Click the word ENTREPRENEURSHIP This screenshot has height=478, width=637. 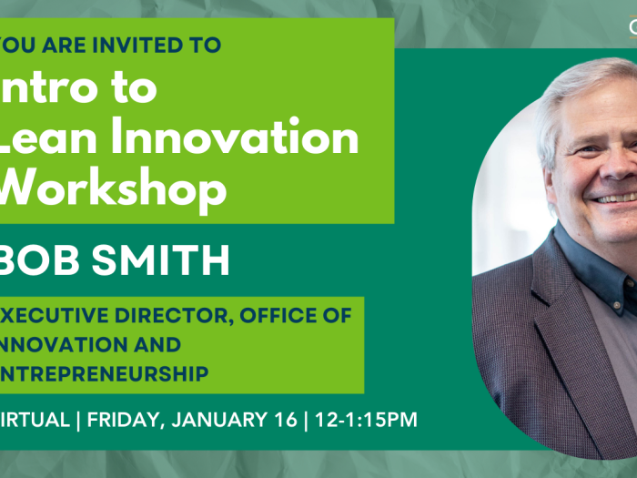[105, 373]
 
